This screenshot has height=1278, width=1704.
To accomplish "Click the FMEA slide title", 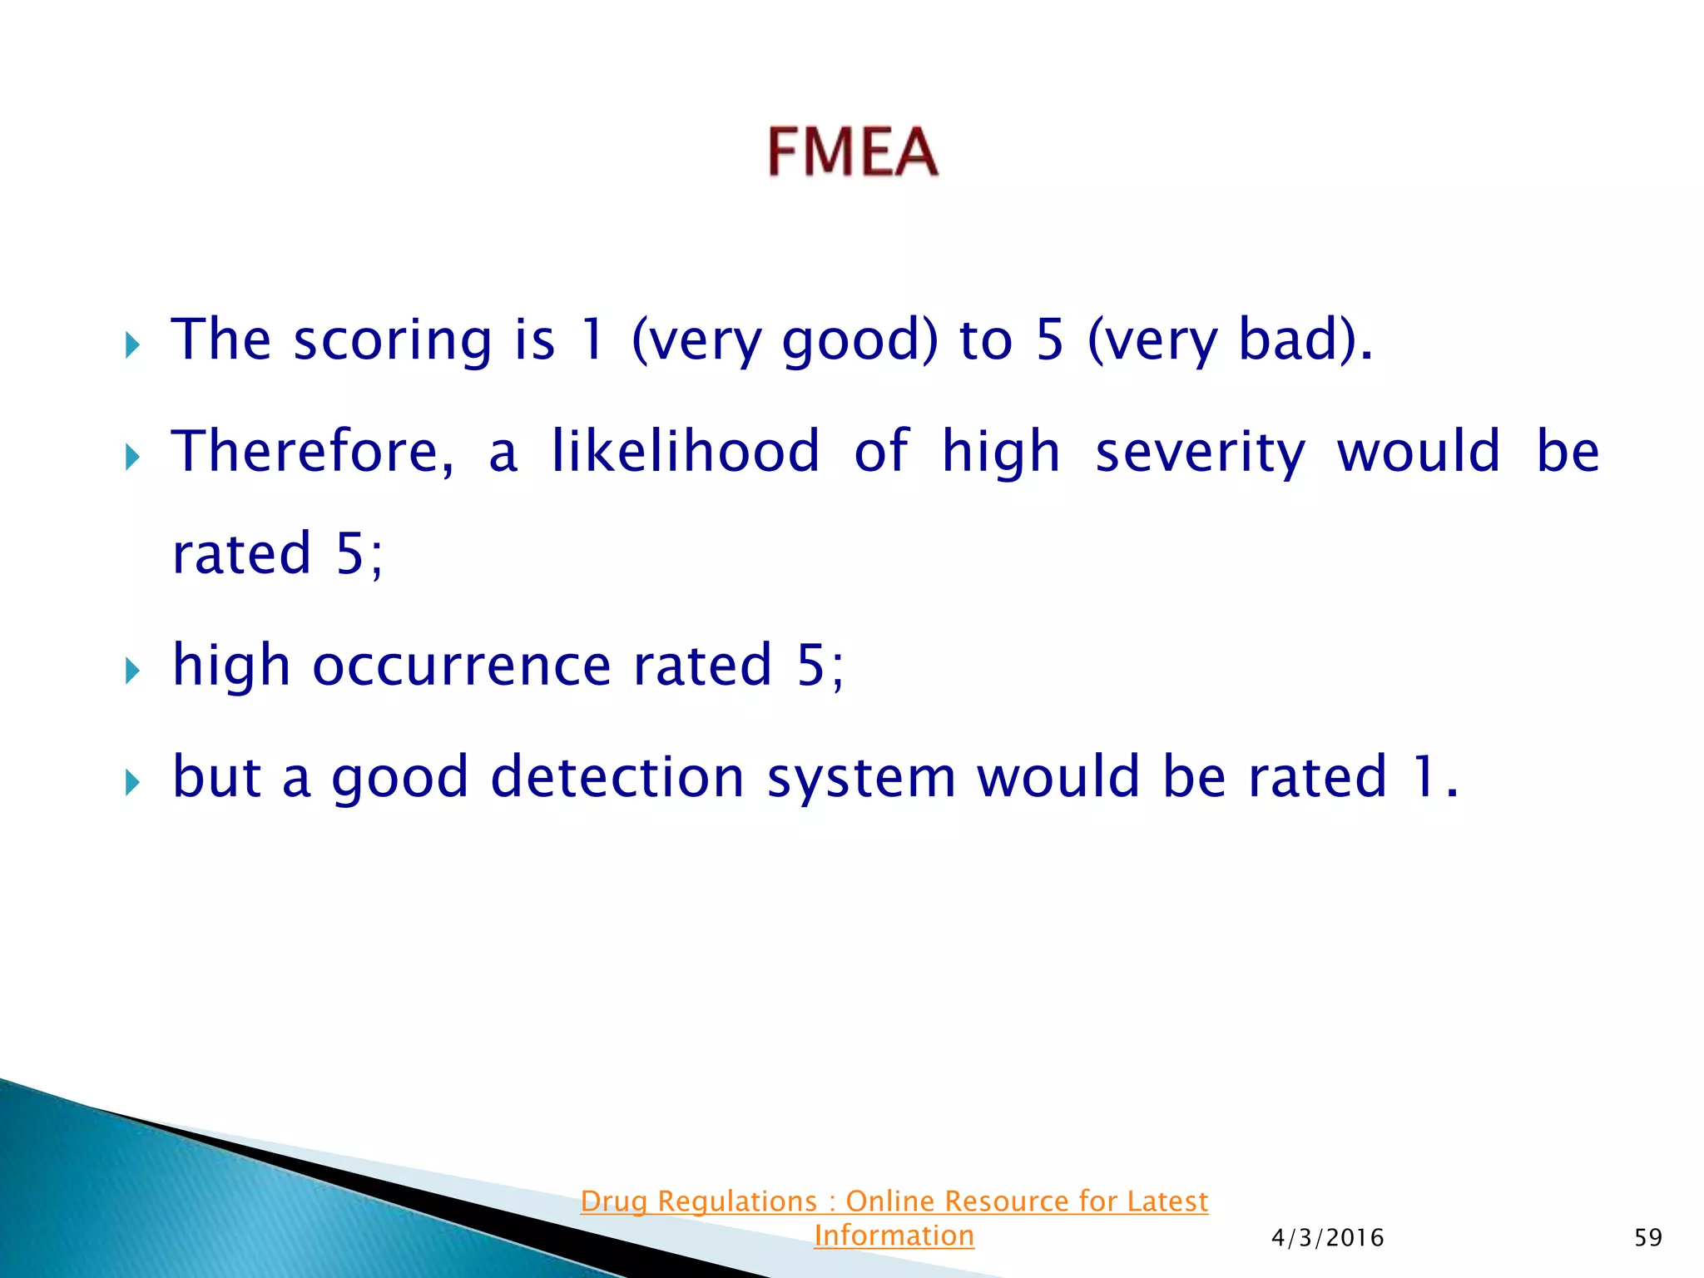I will (853, 152).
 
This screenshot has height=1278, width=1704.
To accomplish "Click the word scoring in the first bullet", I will (393, 341).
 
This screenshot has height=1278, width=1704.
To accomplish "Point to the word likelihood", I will (686, 452).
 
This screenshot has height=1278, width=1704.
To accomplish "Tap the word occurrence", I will (461, 666).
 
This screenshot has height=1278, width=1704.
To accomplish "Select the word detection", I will (617, 778).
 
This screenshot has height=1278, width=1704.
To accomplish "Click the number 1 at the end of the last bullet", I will (1424, 778).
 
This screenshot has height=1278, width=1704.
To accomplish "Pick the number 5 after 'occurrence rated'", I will (810, 666).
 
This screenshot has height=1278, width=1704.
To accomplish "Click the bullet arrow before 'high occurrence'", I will (132, 670).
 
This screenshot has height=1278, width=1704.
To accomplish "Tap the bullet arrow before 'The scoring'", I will (132, 344).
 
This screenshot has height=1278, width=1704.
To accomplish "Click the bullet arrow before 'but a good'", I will (132, 781).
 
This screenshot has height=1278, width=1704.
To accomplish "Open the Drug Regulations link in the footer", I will (894, 1201).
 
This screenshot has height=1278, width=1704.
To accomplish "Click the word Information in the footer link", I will (894, 1236).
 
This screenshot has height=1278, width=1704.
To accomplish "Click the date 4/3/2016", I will (1327, 1238).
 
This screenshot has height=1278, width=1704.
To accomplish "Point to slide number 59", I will (1647, 1238).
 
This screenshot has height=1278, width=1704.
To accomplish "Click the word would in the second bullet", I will (1419, 452).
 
